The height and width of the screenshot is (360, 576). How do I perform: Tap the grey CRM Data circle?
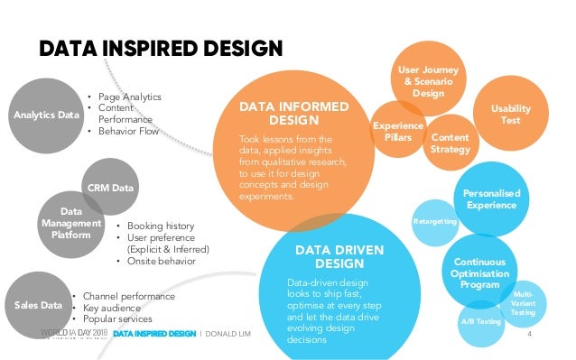(110, 188)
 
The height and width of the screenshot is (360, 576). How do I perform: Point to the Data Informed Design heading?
(293, 113)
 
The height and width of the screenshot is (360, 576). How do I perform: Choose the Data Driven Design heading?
(327, 256)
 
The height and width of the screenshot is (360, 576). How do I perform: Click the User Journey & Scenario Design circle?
(427, 81)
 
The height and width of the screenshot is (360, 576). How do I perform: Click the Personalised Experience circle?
(490, 199)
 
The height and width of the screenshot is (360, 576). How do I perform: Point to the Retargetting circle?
(433, 221)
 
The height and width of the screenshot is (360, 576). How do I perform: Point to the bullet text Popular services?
(116, 318)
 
